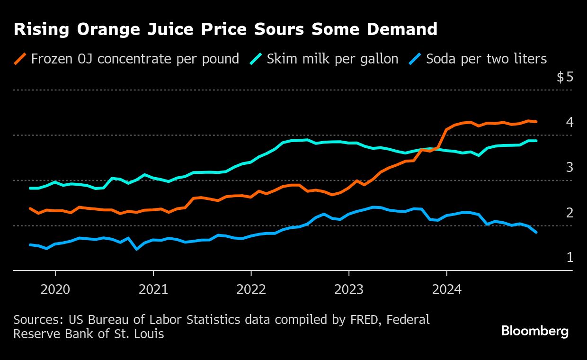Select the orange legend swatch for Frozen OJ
(x=20, y=59)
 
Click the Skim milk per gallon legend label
(x=332, y=59)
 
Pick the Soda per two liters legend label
(x=486, y=59)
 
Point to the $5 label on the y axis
(x=565, y=77)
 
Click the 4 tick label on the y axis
(x=569, y=122)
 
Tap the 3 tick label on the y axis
(x=569, y=167)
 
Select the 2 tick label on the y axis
(x=569, y=213)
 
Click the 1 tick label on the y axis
(x=569, y=258)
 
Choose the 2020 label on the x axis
(x=55, y=289)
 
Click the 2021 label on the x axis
(x=153, y=289)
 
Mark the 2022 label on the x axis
(x=251, y=289)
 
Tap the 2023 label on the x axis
(x=349, y=289)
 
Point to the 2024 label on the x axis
(x=447, y=289)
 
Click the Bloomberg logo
(x=535, y=331)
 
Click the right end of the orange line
(x=536, y=122)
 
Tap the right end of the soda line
(x=536, y=232)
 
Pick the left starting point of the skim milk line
(x=30, y=188)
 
